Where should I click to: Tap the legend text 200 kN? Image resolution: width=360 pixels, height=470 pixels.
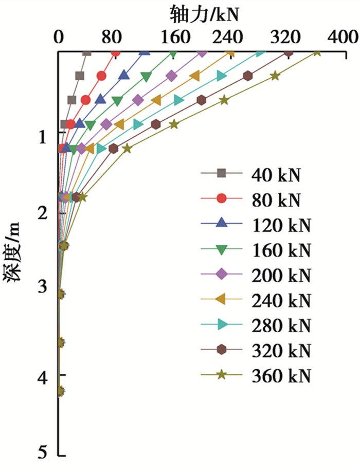click(x=281, y=275)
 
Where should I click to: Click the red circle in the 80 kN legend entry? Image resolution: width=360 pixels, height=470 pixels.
click(x=222, y=200)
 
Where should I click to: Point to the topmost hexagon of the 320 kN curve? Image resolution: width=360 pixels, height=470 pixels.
click(x=289, y=52)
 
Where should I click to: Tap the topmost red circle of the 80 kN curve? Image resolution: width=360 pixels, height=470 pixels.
click(x=116, y=52)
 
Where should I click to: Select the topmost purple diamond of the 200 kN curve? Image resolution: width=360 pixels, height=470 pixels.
click(x=202, y=52)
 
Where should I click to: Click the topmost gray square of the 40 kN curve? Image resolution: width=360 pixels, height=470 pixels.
click(x=87, y=52)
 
